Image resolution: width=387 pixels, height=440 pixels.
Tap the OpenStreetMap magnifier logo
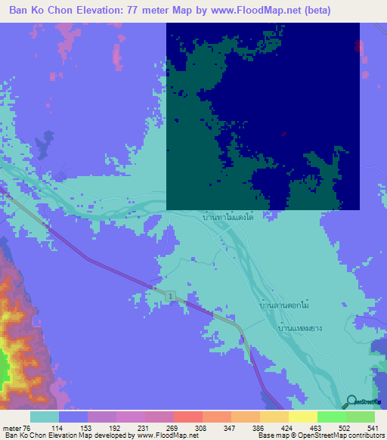pyautogui.click(x=350, y=401)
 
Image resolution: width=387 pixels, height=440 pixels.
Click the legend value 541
pyautogui.click(x=374, y=427)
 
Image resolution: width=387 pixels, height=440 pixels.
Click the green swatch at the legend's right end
pyautogui.click(x=360, y=417)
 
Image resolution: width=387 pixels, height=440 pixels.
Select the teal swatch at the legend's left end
pyautogui.click(x=44, y=417)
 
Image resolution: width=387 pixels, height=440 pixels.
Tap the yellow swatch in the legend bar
pyautogui.click(x=302, y=417)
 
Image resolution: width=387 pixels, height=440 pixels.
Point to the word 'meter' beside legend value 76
pyautogui.click(x=13, y=427)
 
